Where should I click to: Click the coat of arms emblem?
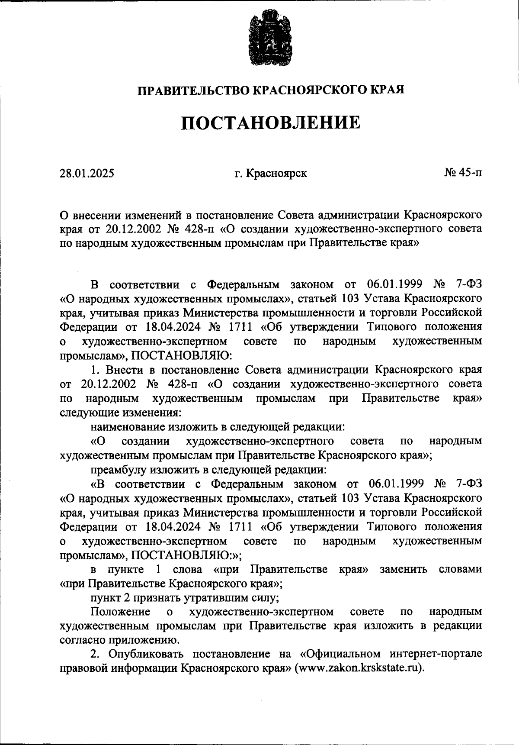point(267,39)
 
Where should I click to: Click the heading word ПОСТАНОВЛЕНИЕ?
point(270,123)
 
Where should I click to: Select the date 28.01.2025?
point(87,174)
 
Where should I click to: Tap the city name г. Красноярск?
point(271,174)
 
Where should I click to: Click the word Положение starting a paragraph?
point(121,612)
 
